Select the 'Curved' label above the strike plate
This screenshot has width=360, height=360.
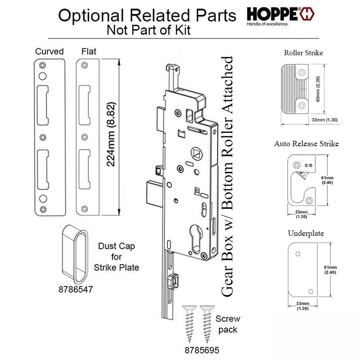tap(49, 51)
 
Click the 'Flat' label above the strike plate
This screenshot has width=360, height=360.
tap(89, 51)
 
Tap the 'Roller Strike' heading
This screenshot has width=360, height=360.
tap(303, 53)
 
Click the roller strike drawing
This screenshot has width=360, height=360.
tap(295, 89)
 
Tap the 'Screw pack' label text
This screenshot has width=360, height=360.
tap(228, 324)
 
